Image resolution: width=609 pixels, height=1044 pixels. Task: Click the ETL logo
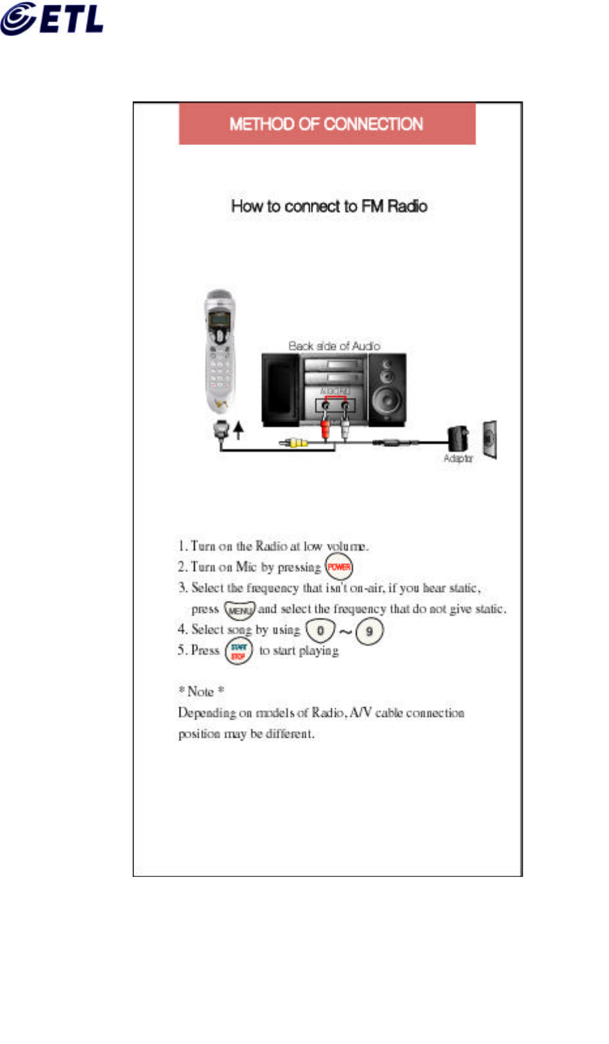52,19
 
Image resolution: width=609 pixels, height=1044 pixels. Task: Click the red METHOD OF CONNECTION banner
327,124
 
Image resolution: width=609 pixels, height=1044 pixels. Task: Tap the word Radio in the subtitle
407,206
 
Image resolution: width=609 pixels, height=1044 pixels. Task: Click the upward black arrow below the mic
239,429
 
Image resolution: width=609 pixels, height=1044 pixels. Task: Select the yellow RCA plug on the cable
297,443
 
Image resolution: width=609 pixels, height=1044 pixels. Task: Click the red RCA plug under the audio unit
325,430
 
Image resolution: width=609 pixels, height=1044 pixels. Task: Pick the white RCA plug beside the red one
345,430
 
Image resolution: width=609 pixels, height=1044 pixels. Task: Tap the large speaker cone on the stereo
388,400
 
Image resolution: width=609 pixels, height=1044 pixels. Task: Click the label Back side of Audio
334,346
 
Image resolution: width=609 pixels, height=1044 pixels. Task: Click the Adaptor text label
458,458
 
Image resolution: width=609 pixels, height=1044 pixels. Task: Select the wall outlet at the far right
490,439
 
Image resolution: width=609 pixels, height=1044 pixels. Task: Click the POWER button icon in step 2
338,566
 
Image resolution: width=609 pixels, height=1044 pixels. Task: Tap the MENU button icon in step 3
239,610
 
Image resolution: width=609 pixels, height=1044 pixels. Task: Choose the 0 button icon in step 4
320,630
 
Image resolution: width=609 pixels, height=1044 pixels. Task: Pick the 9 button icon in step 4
370,631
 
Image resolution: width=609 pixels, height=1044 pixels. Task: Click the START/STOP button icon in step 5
239,651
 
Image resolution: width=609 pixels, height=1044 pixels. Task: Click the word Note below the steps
200,692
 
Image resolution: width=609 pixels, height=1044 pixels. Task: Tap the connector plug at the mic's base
221,429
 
